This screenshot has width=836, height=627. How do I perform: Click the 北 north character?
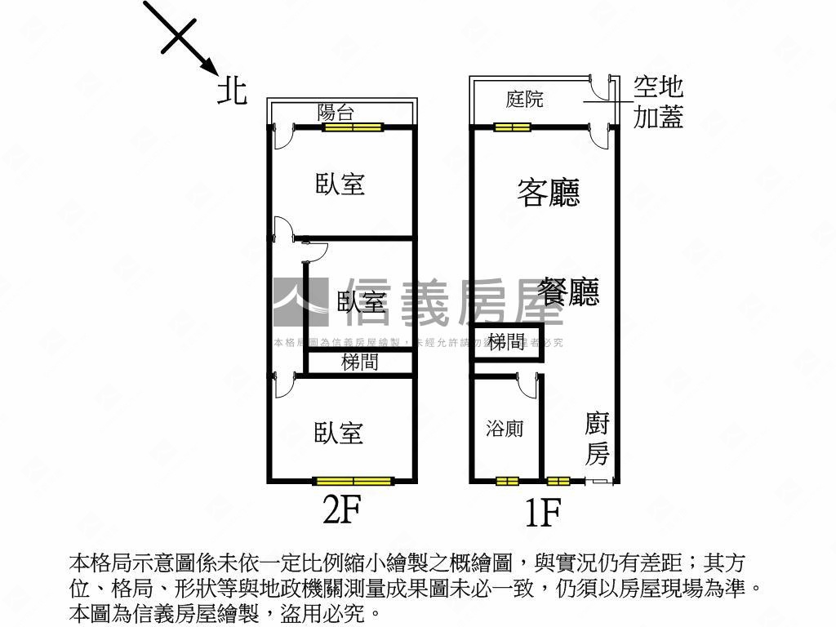(x=232, y=90)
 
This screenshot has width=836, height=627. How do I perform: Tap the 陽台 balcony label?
(x=336, y=112)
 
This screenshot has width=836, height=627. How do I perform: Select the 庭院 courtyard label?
(x=524, y=100)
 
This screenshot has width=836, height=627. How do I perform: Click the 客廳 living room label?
(x=549, y=193)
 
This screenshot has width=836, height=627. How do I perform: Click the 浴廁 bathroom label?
(x=505, y=429)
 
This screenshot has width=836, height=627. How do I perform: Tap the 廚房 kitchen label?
(x=598, y=439)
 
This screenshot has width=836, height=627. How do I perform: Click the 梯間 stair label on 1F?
(x=507, y=341)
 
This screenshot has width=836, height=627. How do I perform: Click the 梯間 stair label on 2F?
(x=359, y=362)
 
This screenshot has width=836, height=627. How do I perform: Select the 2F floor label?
(x=341, y=511)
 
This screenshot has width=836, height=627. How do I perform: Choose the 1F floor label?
(x=542, y=513)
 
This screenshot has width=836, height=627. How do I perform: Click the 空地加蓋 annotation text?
(x=658, y=103)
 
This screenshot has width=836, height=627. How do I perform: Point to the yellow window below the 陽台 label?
(x=353, y=127)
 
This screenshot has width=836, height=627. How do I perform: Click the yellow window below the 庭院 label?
(x=512, y=127)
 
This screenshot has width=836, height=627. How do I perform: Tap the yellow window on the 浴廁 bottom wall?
(x=507, y=481)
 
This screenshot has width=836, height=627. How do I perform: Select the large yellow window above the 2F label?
(x=354, y=481)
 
